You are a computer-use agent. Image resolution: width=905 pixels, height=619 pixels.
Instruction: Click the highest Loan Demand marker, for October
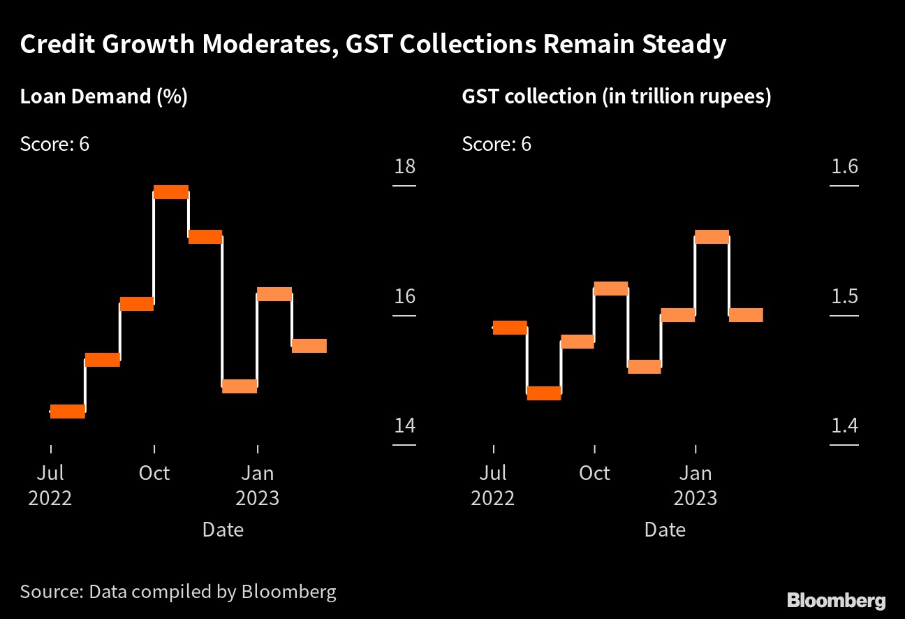click(x=171, y=192)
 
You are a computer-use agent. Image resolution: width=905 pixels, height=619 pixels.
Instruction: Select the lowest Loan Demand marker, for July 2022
click(x=68, y=412)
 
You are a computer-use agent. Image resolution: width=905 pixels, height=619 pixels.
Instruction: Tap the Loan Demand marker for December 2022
click(x=240, y=386)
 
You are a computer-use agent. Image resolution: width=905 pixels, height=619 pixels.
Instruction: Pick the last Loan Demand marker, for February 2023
click(x=309, y=346)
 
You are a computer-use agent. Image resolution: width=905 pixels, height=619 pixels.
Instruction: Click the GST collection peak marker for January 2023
click(x=712, y=237)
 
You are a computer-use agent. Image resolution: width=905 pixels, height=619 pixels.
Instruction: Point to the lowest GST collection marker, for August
click(x=544, y=393)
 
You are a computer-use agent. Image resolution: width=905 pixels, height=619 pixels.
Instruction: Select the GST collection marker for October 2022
click(x=611, y=289)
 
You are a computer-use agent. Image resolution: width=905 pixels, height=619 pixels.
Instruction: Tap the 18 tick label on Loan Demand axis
click(x=404, y=167)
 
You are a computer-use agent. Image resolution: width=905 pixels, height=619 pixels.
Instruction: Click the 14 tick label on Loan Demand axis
click(x=404, y=425)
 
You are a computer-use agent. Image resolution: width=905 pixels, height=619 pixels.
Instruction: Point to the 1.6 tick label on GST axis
click(x=844, y=167)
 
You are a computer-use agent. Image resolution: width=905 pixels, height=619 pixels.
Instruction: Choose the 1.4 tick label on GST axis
click(x=844, y=425)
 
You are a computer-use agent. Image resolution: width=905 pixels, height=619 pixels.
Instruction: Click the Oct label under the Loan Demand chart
click(x=154, y=473)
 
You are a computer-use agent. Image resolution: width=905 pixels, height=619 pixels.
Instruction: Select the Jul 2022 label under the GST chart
click(x=493, y=486)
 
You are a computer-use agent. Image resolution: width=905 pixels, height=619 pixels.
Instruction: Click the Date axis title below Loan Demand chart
click(x=223, y=530)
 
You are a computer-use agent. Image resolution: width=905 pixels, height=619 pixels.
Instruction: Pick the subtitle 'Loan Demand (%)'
click(x=104, y=96)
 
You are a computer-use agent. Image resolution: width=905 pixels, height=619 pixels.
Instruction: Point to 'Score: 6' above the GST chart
click(x=496, y=144)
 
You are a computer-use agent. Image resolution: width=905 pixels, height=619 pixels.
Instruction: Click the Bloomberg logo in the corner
click(x=837, y=600)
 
